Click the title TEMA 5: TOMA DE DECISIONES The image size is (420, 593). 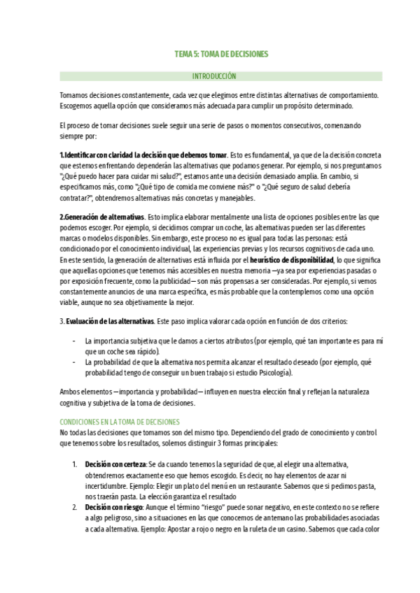point(220,53)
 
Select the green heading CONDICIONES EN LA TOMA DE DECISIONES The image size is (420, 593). point(120,422)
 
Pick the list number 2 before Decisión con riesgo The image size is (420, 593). point(75,506)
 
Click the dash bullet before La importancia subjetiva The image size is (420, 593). point(75,341)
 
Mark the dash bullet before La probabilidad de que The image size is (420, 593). point(75,363)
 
